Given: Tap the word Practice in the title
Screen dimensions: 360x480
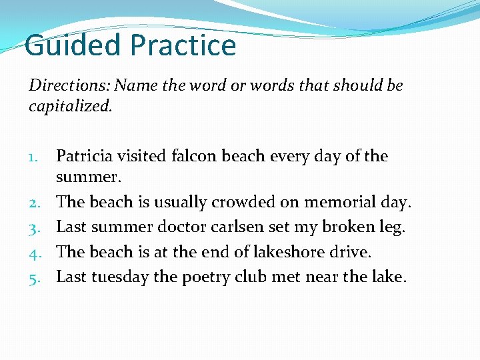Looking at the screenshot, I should (x=183, y=45).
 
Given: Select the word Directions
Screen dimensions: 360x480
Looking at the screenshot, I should (x=69, y=86).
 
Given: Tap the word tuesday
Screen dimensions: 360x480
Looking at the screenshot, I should (x=120, y=277).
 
